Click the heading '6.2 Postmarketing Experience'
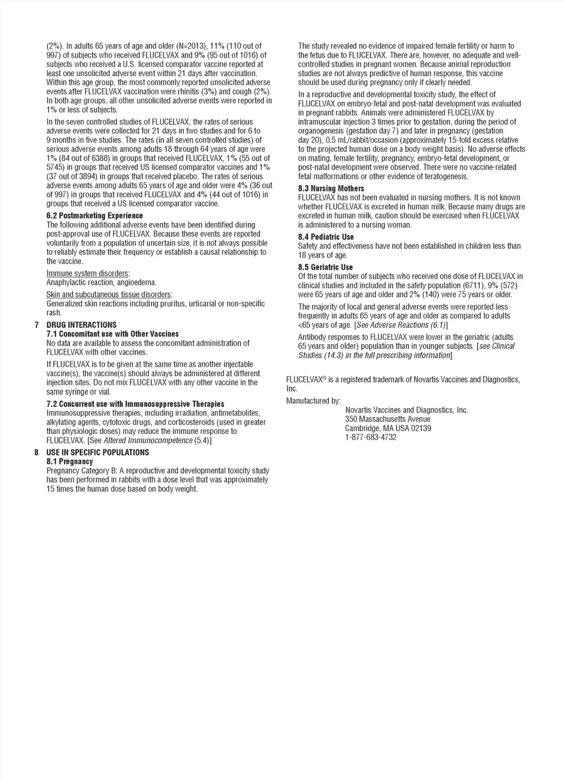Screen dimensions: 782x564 point(95,216)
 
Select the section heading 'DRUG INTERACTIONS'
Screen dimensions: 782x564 point(82,325)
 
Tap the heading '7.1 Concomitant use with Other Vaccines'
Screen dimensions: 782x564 point(112,334)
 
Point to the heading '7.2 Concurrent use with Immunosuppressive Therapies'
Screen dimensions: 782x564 point(135,404)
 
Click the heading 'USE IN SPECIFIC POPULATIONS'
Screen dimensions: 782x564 point(97,452)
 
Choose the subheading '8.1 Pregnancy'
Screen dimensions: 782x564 point(70,461)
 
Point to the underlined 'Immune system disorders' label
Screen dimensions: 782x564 point(88,274)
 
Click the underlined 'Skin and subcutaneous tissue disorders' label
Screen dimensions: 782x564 point(109,295)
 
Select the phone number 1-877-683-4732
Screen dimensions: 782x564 point(371,437)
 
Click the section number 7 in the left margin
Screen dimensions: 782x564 point(36,325)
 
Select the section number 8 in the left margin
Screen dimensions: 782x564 point(36,452)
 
